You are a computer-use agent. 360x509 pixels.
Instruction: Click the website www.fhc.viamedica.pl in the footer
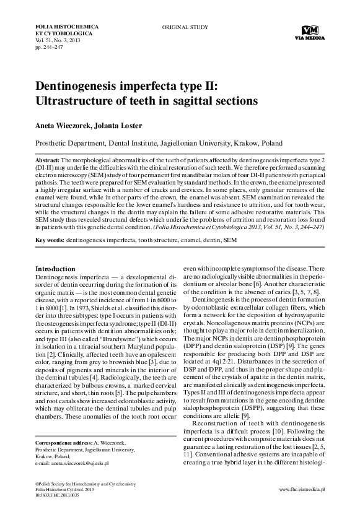point(306,489)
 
